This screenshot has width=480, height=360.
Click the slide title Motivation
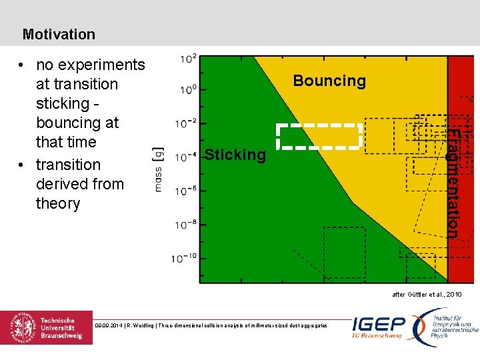click(x=59, y=34)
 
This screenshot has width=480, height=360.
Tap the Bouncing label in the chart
click(x=329, y=81)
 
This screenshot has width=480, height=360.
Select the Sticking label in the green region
click(x=235, y=155)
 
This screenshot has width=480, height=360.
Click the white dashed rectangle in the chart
click(x=319, y=135)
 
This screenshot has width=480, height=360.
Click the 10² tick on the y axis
click(x=187, y=59)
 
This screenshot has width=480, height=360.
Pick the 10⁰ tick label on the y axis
click(x=187, y=89)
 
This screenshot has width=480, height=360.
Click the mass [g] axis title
click(x=159, y=170)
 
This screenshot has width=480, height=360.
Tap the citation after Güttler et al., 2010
click(x=427, y=294)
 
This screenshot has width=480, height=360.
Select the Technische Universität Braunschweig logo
click(x=47, y=328)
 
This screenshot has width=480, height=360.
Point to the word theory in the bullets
click(x=58, y=203)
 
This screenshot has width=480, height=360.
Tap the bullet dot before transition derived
click(x=23, y=165)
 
